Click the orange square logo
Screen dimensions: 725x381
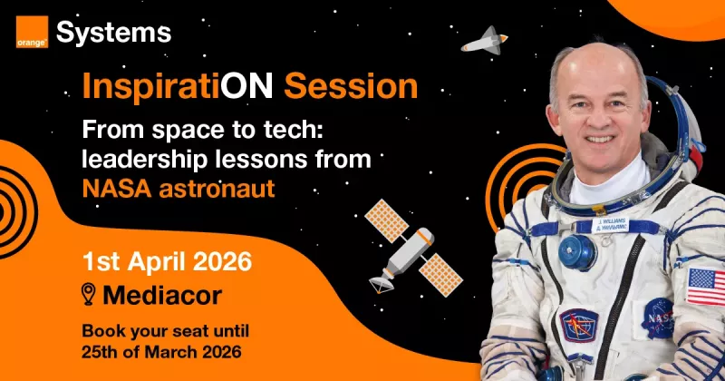[32, 32]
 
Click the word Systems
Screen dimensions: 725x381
[114, 34]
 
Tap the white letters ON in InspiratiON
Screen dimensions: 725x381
[246, 86]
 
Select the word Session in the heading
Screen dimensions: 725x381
[351, 86]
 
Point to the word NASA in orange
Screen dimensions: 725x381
[117, 189]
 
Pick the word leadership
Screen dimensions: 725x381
[145, 160]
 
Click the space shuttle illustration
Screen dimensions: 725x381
[484, 42]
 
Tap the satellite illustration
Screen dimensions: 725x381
[413, 248]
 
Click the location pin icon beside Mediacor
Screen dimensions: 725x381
[88, 295]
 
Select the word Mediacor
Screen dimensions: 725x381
[162, 296]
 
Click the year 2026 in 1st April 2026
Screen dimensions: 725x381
[222, 261]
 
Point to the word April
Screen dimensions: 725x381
[158, 262]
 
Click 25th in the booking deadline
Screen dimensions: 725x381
[99, 352]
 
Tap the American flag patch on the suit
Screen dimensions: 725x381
[706, 287]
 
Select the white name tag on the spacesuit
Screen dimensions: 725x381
[610, 225]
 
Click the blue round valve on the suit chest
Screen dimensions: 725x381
[577, 252]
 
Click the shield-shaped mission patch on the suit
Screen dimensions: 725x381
[579, 326]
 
